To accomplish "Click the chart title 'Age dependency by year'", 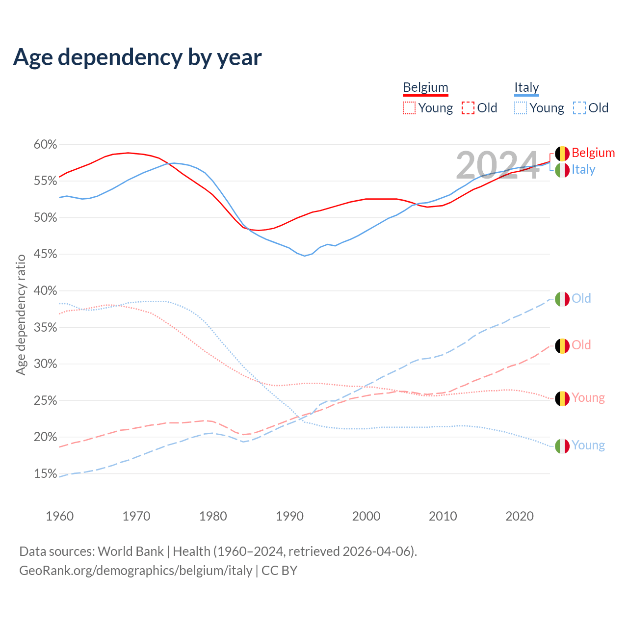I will [137, 57].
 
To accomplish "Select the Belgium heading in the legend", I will [425, 87].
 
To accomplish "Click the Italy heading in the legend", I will [526, 87].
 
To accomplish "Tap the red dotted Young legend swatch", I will [409, 108].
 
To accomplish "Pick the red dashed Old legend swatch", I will [468, 108].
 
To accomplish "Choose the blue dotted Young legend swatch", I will [521, 108].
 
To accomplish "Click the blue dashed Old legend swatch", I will [579, 108].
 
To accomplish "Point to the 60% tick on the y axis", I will [45, 145].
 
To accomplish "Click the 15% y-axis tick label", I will [45, 474].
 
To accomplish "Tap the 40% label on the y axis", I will [45, 291].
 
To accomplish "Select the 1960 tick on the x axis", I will [59, 516].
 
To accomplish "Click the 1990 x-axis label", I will [289, 516].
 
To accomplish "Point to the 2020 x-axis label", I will [520, 516].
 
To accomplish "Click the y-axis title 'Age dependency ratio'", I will [21, 314].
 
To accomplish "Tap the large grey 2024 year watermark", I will [497, 165].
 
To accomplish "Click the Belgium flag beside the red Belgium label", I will [562, 154].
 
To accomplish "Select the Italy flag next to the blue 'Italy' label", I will [562, 170].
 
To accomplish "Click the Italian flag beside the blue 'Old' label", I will [562, 299].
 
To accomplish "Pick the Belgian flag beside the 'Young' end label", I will [562, 398].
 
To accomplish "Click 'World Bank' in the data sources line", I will [131, 551].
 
